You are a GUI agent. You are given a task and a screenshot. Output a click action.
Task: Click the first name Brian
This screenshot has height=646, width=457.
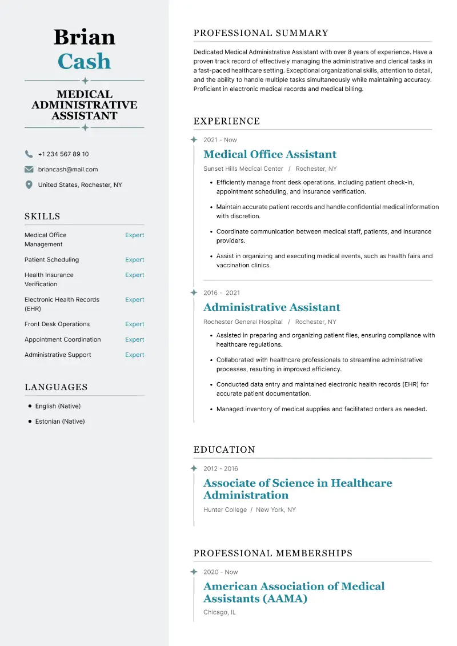pyautogui.click(x=85, y=37)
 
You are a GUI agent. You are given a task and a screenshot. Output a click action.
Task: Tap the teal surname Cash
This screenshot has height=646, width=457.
pyautogui.click(x=85, y=62)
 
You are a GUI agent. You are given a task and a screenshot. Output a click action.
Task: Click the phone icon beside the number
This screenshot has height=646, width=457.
pyautogui.click(x=29, y=154)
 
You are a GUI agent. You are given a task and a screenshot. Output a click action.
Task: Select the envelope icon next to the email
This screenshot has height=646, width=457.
pyautogui.click(x=29, y=170)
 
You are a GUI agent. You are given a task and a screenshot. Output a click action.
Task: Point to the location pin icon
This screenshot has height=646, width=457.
pyautogui.click(x=29, y=185)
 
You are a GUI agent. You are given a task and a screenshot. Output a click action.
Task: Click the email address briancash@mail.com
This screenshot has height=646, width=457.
pyautogui.click(x=68, y=170)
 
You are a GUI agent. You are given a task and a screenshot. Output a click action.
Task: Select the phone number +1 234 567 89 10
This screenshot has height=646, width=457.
pyautogui.click(x=63, y=154)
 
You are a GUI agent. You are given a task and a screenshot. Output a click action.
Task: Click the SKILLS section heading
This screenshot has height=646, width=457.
pyautogui.click(x=42, y=216)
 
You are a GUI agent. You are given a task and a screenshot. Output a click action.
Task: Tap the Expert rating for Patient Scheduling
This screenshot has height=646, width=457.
pyautogui.click(x=135, y=260)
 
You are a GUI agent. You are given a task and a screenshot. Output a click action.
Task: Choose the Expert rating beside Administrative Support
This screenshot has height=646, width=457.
pyautogui.click(x=135, y=355)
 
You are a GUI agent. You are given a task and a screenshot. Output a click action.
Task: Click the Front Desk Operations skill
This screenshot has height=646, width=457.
pyautogui.click(x=57, y=324)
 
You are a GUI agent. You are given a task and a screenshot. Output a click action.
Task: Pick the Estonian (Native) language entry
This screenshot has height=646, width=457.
pyautogui.click(x=60, y=422)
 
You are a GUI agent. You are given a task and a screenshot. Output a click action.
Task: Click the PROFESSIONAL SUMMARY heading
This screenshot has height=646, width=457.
pyautogui.click(x=261, y=33)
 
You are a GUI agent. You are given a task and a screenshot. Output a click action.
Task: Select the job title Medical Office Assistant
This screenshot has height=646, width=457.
pyautogui.click(x=270, y=154)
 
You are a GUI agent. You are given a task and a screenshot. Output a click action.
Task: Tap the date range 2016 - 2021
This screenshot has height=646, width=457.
pyautogui.click(x=222, y=293)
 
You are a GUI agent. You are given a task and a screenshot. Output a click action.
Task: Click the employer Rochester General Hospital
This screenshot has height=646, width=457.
pyautogui.click(x=243, y=322)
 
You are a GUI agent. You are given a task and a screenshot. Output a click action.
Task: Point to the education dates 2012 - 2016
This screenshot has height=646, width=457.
pyautogui.click(x=221, y=469)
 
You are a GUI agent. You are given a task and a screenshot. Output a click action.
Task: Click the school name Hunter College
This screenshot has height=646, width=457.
pyautogui.click(x=225, y=510)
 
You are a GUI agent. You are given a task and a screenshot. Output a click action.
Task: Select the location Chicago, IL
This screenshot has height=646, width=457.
pyautogui.click(x=219, y=612)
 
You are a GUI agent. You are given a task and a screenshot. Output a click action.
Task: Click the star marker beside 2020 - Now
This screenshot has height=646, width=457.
pyautogui.click(x=194, y=572)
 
